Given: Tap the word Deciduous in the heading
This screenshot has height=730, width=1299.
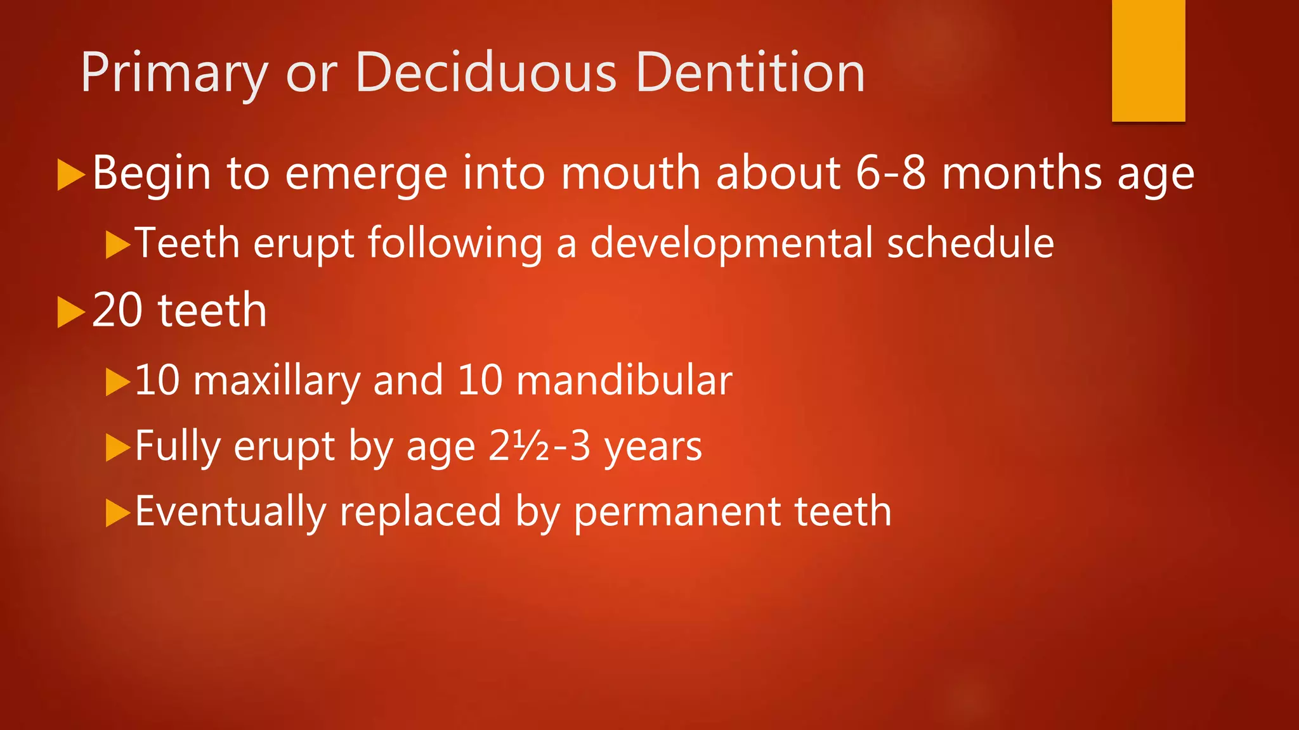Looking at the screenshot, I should pyautogui.click(x=486, y=72).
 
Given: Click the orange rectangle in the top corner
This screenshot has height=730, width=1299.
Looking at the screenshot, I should pyautogui.click(x=1148, y=60).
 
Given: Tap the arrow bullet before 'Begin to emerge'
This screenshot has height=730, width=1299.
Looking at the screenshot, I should pyautogui.click(x=70, y=174).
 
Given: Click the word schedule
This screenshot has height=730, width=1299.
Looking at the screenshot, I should pyautogui.click(x=970, y=243).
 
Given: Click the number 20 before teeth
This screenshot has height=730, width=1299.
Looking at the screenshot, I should pyautogui.click(x=117, y=311).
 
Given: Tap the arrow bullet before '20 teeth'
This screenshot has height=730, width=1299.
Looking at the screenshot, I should pyautogui.click(x=70, y=312).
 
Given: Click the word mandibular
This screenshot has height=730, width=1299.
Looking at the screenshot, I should pyautogui.click(x=624, y=380).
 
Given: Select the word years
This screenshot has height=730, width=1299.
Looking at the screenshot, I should pyautogui.click(x=653, y=447).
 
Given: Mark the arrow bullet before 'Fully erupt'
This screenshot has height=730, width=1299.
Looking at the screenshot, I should pyautogui.click(x=117, y=448).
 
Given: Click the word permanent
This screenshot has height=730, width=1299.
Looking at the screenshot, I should pyautogui.click(x=677, y=512).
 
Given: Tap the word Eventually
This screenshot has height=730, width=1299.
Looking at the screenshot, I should pyautogui.click(x=230, y=512).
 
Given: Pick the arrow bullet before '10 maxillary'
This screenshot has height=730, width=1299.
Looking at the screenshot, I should pyautogui.click(x=117, y=382).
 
